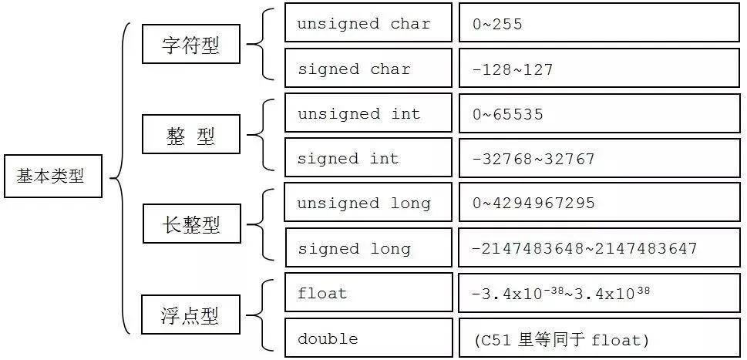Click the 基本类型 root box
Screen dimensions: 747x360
tap(52, 176)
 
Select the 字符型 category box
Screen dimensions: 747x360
tap(191, 44)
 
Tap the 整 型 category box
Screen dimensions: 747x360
tap(191, 134)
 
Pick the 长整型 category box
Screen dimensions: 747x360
tap(191, 224)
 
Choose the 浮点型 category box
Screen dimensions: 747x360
tap(191, 315)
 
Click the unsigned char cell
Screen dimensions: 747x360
tap(368, 22)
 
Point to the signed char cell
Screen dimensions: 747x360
tap(368, 68)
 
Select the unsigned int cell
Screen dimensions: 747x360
tap(368, 113)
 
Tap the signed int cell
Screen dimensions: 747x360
tap(368, 157)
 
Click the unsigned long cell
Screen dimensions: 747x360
tap(368, 202)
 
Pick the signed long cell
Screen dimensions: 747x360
tap(368, 247)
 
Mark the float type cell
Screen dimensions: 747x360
tap(368, 292)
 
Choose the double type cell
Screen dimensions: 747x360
tap(368, 338)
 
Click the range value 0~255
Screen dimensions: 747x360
tap(498, 24)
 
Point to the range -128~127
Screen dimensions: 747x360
tap(513, 70)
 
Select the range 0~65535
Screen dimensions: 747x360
tap(508, 114)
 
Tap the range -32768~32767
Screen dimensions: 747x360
tap(533, 159)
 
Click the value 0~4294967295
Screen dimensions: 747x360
tap(533, 204)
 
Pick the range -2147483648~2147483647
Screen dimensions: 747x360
tap(584, 248)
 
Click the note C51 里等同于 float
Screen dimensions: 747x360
tap(562, 341)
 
